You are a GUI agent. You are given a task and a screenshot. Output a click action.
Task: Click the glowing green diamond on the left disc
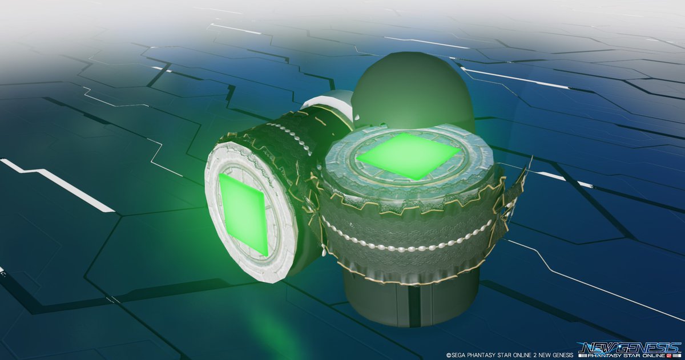click(243, 213)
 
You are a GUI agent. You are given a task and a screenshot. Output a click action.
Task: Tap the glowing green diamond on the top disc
click(409, 156)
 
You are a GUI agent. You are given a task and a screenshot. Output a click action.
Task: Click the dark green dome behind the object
click(413, 92)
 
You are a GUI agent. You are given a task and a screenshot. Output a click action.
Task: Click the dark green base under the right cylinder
click(410, 300)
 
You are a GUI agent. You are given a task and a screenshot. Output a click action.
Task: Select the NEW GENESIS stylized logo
click(631, 348)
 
